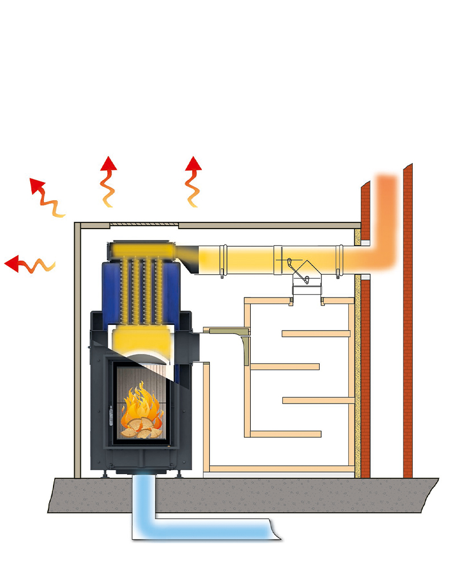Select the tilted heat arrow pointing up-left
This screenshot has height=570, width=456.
(46, 197)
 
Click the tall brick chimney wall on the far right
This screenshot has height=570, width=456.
(408, 319)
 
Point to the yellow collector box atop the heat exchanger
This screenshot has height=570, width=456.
(140, 249)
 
